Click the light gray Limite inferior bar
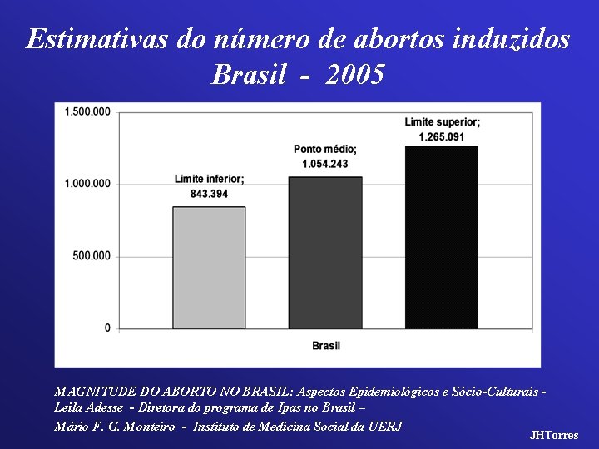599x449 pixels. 209,267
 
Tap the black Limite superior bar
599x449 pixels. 442,237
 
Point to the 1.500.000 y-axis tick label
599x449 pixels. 87,111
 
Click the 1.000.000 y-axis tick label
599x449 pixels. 87,184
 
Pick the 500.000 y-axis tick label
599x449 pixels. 91,256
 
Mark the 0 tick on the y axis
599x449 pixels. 106,328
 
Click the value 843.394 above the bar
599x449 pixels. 209,194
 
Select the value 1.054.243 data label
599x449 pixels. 325,164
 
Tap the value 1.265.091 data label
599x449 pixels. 442,136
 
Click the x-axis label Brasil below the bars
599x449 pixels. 326,345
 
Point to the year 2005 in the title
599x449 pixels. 356,76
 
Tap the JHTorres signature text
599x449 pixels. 554,435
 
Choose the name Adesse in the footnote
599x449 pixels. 106,407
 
